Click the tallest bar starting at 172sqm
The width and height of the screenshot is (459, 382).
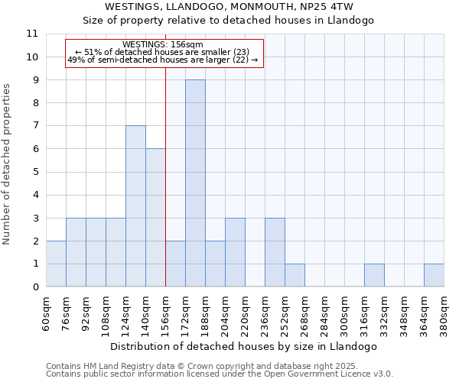(x=195, y=183)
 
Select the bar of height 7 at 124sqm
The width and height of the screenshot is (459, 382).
(x=135, y=206)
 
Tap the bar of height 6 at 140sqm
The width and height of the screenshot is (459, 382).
(x=155, y=218)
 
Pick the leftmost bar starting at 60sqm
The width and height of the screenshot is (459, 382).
(x=56, y=264)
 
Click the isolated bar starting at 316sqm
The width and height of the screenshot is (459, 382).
(x=374, y=275)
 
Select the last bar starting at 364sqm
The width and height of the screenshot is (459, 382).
(x=434, y=275)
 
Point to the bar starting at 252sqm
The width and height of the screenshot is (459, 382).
(x=295, y=275)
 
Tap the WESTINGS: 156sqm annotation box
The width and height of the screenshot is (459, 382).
(x=164, y=53)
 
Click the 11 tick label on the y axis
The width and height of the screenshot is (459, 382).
(x=32, y=34)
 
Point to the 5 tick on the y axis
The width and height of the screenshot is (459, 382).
(x=35, y=172)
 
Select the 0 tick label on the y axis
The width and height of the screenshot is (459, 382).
(x=35, y=287)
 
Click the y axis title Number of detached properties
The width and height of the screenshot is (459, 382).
(x=8, y=164)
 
